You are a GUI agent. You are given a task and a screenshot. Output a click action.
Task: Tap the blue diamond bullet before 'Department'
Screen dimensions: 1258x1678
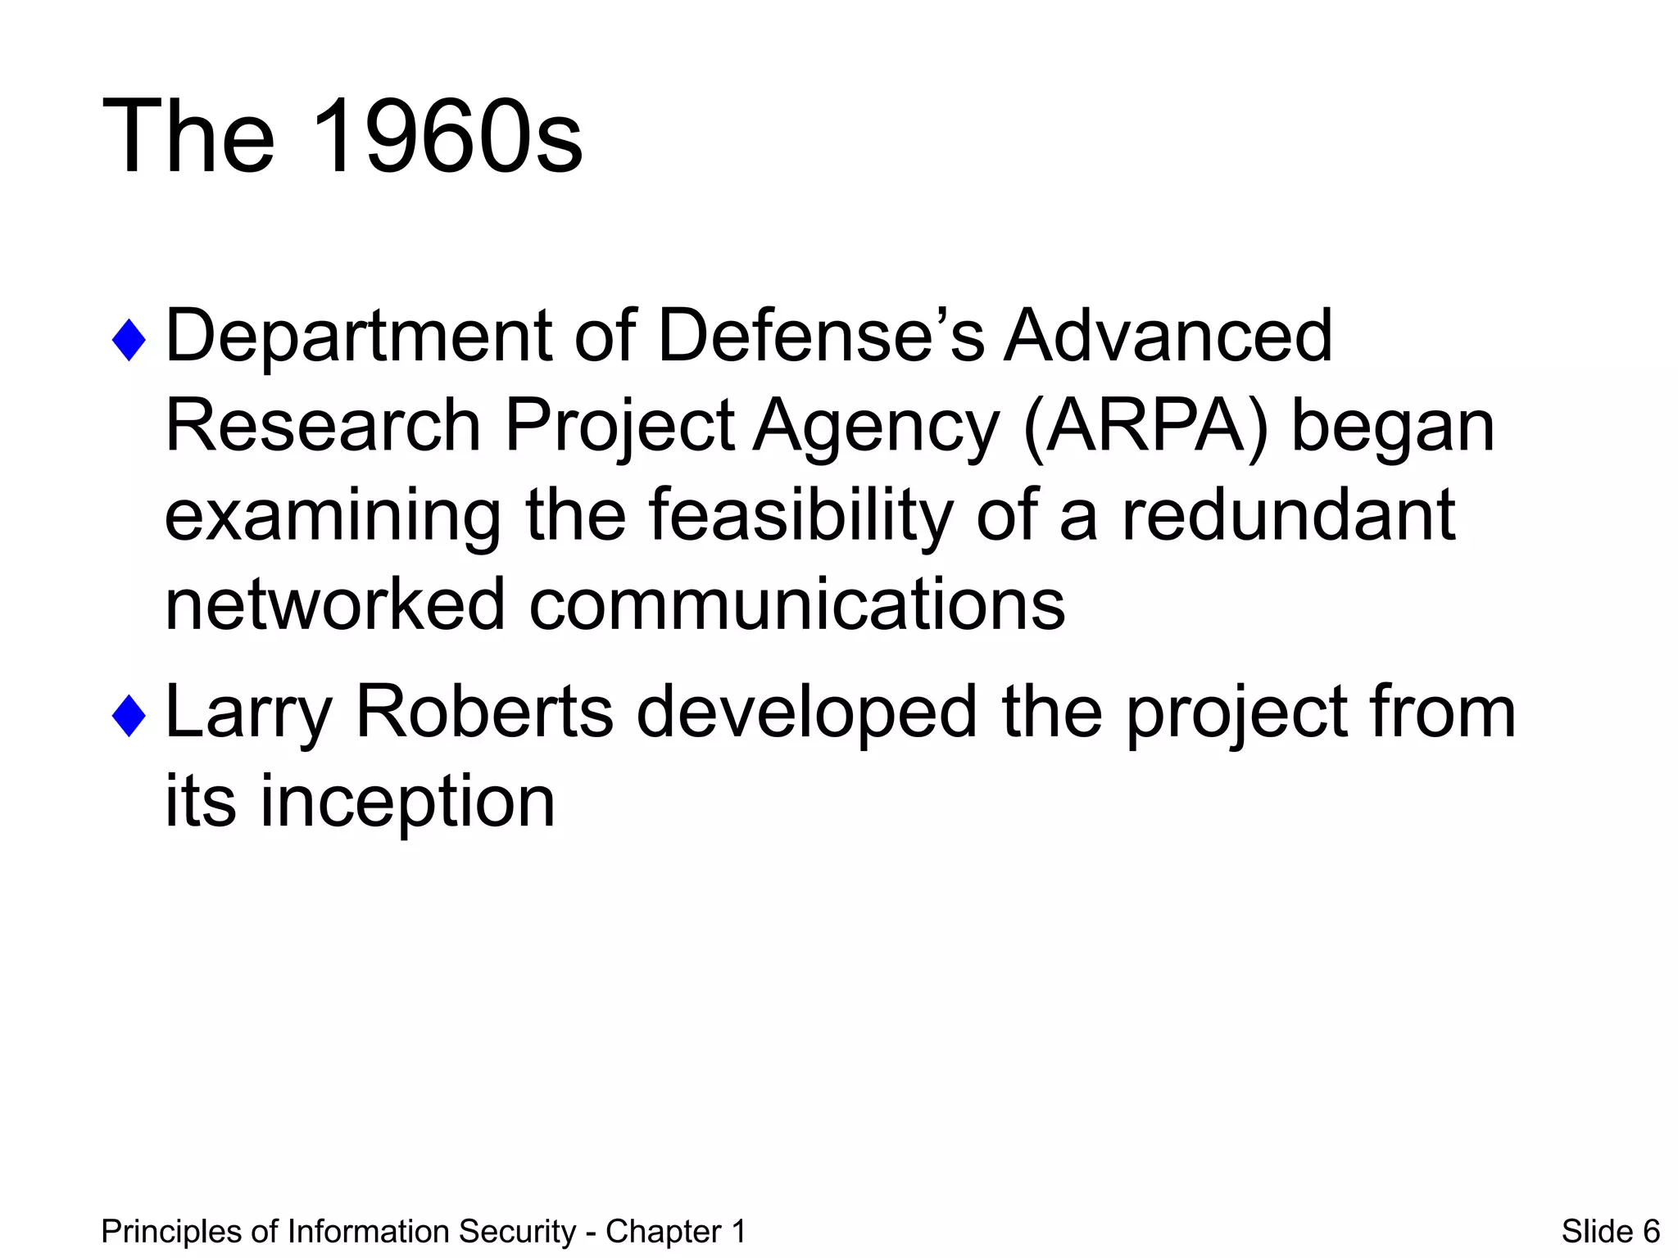[x=129, y=340]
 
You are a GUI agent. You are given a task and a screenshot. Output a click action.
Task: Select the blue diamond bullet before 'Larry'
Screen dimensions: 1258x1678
[x=129, y=715]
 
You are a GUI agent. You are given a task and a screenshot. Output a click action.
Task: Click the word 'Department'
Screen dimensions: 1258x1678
[x=359, y=337]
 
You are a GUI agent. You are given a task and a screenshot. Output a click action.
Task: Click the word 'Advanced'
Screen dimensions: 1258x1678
[x=1168, y=336]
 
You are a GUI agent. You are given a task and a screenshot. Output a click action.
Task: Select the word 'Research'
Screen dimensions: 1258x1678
[x=323, y=426]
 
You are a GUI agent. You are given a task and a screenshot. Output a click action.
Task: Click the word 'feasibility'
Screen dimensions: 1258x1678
[x=801, y=516]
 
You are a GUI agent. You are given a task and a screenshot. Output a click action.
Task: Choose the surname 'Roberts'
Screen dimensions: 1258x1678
[x=483, y=711]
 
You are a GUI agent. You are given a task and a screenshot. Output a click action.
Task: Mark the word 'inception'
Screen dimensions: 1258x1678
[x=407, y=803]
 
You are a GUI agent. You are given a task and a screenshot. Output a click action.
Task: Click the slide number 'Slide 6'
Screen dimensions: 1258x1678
[x=1610, y=1232]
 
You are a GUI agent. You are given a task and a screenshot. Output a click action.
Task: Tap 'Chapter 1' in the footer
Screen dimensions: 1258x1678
[x=675, y=1232]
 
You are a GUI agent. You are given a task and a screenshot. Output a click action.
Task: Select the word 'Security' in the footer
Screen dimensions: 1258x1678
[x=517, y=1232]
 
